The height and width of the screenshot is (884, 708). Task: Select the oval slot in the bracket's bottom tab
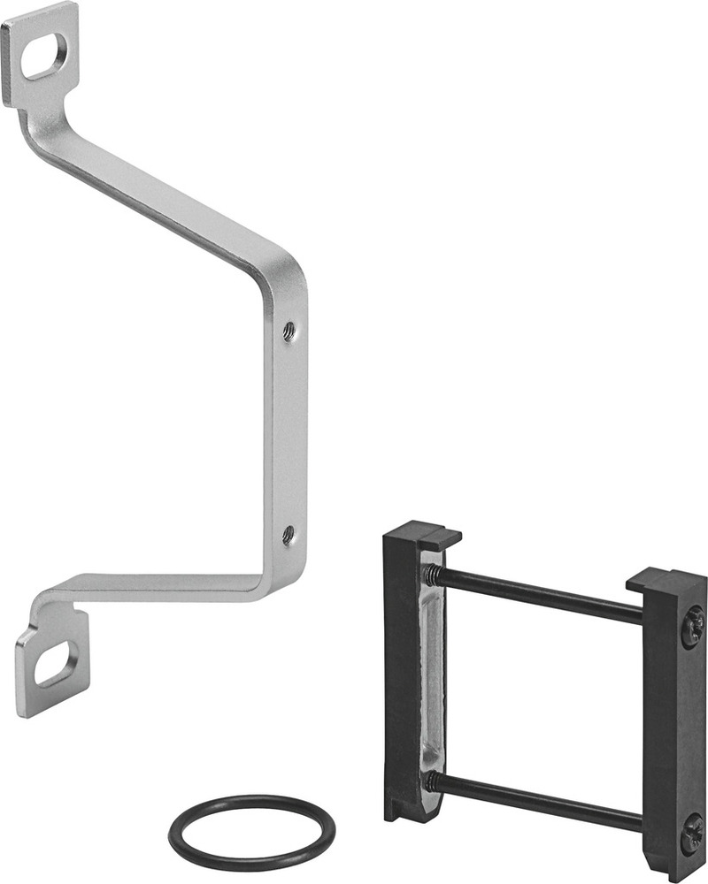tap(55, 664)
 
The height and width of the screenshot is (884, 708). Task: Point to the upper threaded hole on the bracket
tap(289, 331)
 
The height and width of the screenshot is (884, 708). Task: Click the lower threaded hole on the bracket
tap(288, 534)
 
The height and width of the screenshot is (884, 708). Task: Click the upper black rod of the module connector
tap(540, 594)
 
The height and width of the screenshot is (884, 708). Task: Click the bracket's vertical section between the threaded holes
tap(289, 433)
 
